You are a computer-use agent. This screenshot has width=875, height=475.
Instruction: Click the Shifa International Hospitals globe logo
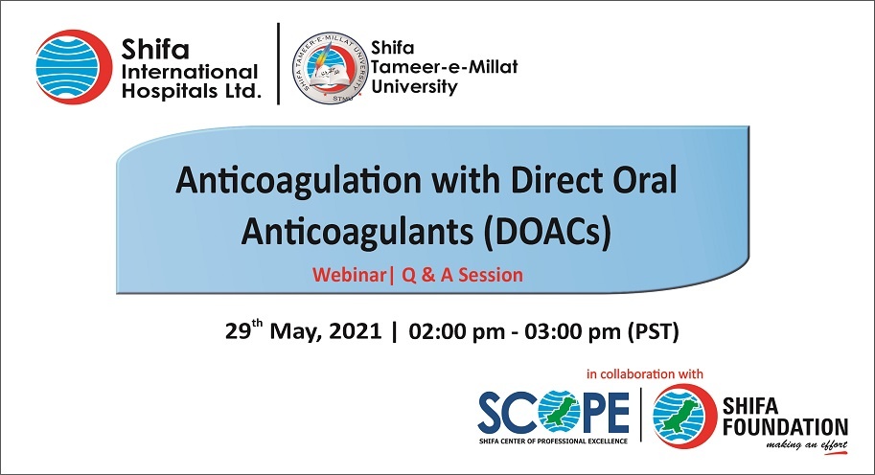(x=74, y=67)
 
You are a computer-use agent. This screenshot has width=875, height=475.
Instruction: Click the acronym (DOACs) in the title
(x=547, y=232)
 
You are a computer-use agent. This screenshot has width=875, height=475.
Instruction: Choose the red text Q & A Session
(x=463, y=275)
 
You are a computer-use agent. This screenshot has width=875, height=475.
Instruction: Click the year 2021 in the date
(x=355, y=331)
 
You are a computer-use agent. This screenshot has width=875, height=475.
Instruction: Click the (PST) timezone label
(x=654, y=331)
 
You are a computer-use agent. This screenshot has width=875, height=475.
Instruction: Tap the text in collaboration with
(x=645, y=374)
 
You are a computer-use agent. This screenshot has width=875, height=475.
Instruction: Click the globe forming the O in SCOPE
(x=559, y=413)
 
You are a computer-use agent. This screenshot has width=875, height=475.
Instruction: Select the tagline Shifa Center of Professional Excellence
(x=553, y=441)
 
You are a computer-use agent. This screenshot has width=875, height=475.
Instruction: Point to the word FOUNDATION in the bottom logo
(x=785, y=428)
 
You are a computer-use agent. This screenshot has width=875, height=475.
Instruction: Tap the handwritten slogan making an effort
(x=806, y=445)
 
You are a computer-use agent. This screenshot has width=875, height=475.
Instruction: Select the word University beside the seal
(x=414, y=87)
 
